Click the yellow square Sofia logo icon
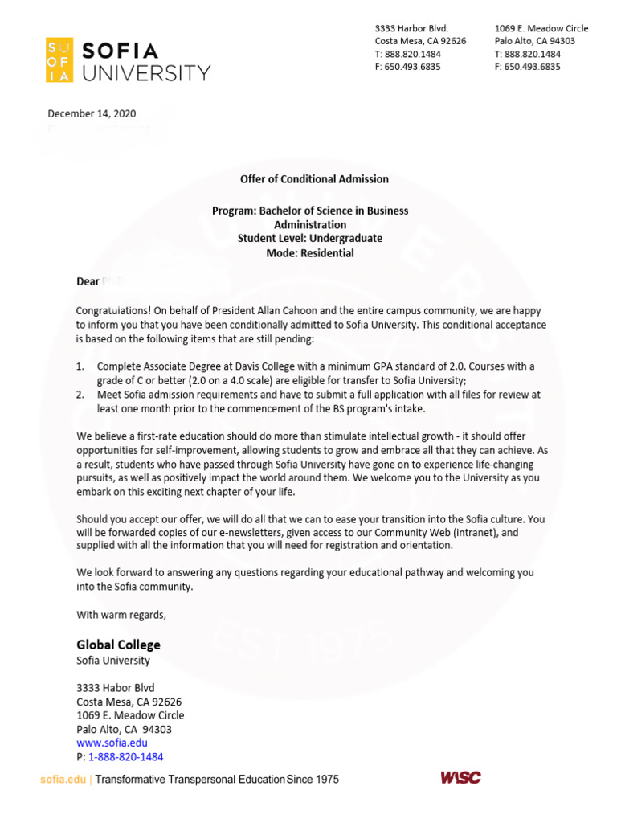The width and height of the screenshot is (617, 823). click(x=59, y=59)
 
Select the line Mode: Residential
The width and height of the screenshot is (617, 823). click(x=309, y=253)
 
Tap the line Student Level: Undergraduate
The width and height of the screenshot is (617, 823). click(x=309, y=239)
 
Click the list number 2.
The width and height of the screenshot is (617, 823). click(x=80, y=395)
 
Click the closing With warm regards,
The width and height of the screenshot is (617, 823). click(x=121, y=615)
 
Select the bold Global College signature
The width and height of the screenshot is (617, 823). click(x=118, y=645)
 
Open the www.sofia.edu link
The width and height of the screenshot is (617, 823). click(x=112, y=743)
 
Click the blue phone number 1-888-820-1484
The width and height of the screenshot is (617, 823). click(x=125, y=757)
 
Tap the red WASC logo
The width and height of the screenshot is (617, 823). click(x=460, y=777)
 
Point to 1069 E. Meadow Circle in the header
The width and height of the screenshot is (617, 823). click(x=541, y=28)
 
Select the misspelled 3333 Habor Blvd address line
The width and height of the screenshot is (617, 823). click(x=115, y=688)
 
